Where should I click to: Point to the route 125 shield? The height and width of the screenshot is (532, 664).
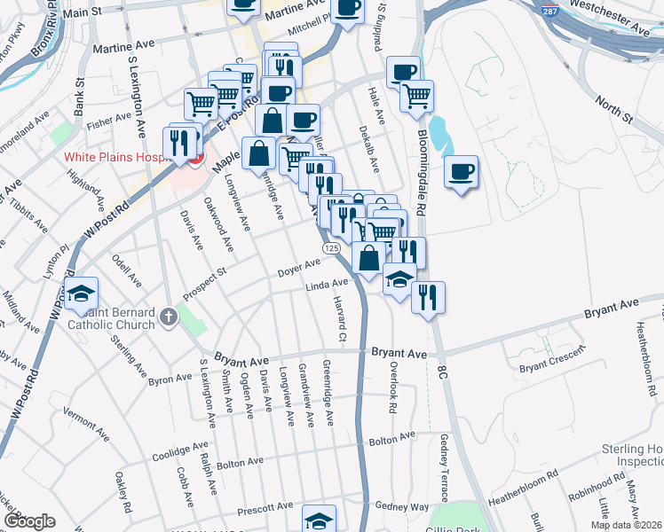(x=331, y=248)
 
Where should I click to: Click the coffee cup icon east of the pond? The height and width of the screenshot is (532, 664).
(x=461, y=172)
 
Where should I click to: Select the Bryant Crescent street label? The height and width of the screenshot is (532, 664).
(x=552, y=360)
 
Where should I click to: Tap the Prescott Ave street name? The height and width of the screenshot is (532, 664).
(x=265, y=510)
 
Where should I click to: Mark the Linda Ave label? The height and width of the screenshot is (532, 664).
(x=327, y=285)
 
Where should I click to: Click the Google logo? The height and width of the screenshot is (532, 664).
(x=28, y=520)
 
